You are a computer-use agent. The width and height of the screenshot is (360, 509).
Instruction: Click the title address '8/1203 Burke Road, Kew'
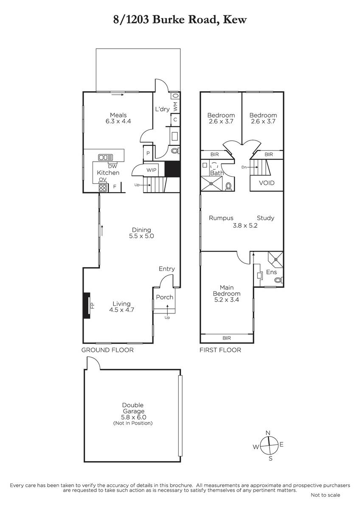[x=180, y=20]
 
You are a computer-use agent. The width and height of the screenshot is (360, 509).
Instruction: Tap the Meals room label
[x=118, y=115]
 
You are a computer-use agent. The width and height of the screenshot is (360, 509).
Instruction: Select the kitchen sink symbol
[x=106, y=157]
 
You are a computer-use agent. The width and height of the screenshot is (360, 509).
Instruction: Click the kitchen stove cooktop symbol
[x=103, y=187]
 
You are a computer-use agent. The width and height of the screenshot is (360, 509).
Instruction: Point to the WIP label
[x=151, y=170]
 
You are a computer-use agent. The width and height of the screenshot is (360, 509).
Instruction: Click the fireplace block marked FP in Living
[x=87, y=305]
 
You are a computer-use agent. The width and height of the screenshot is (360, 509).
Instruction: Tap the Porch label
[x=165, y=297]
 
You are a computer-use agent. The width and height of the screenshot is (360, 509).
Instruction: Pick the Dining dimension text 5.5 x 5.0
[x=141, y=236]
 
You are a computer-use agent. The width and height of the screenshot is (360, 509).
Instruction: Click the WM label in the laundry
[x=175, y=106]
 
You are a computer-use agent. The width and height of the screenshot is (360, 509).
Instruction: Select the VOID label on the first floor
[x=267, y=183]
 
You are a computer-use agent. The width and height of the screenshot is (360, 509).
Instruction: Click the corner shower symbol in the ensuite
[x=276, y=259]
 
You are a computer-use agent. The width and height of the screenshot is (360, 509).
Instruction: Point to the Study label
[x=266, y=218]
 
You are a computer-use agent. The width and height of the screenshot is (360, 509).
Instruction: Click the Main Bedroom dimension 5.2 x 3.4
[x=227, y=300]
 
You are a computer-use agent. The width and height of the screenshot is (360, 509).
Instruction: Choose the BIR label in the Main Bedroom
[x=227, y=338]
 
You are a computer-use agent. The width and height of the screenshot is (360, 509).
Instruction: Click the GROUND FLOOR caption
[x=107, y=350]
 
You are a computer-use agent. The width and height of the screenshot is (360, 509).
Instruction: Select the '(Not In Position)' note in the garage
[x=133, y=423]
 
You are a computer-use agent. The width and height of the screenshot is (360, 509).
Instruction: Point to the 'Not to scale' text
[x=326, y=495]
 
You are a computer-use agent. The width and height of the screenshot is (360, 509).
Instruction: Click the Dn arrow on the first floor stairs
[x=253, y=167]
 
